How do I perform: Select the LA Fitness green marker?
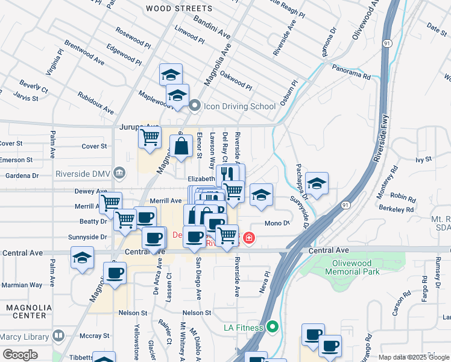[x=273, y=328]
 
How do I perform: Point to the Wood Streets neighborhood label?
[x=179, y=8]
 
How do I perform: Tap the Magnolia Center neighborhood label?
[x=25, y=311]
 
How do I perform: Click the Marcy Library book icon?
[x=58, y=335]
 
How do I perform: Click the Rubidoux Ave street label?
[x=96, y=103]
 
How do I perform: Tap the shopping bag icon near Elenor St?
[x=181, y=145]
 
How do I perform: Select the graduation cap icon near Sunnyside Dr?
[x=317, y=182]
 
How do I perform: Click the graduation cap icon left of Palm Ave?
[x=82, y=258]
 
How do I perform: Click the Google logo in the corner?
[x=20, y=355]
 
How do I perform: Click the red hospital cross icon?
[x=248, y=239]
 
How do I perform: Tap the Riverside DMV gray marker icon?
[x=119, y=174]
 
